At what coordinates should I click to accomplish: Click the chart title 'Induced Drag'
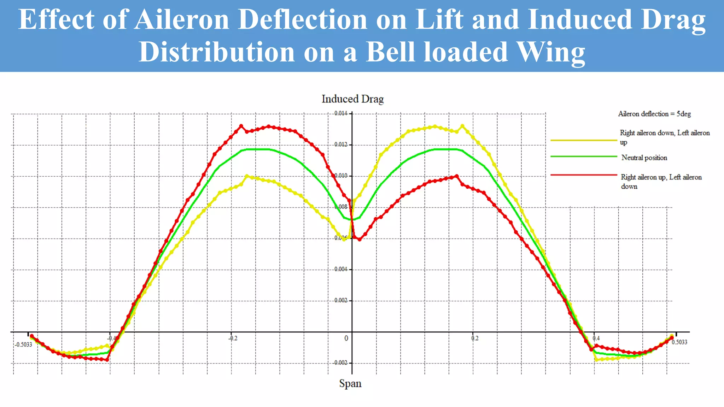pyautogui.click(x=352, y=99)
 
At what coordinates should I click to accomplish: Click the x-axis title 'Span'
pyautogui.click(x=350, y=384)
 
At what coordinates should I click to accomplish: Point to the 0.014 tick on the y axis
pyautogui.click(x=341, y=113)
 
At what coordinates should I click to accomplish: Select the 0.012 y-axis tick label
pyautogui.click(x=341, y=144)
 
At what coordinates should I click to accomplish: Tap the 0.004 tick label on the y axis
pyautogui.click(x=341, y=269)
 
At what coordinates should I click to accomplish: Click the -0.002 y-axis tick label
pyautogui.click(x=340, y=363)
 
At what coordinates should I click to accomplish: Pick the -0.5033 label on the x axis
pyautogui.click(x=23, y=345)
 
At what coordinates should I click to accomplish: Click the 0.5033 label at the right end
pyautogui.click(x=679, y=342)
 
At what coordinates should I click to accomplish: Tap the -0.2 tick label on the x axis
pyautogui.click(x=233, y=338)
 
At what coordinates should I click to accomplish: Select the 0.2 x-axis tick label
pyautogui.click(x=475, y=338)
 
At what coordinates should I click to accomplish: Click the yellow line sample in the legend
pyautogui.click(x=583, y=141)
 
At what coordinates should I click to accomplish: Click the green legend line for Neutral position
pyautogui.click(x=583, y=157)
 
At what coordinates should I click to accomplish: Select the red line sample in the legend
pyautogui.click(x=583, y=175)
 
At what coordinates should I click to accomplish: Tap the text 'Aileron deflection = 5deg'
pyautogui.click(x=654, y=114)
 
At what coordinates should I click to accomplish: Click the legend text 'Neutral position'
pyautogui.click(x=644, y=158)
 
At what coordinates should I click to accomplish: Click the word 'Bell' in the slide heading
pyautogui.click(x=390, y=52)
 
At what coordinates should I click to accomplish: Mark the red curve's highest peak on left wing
pyautogui.click(x=241, y=126)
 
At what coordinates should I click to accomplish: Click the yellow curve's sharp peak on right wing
pyautogui.click(x=462, y=126)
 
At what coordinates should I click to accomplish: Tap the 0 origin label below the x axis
pyautogui.click(x=346, y=338)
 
